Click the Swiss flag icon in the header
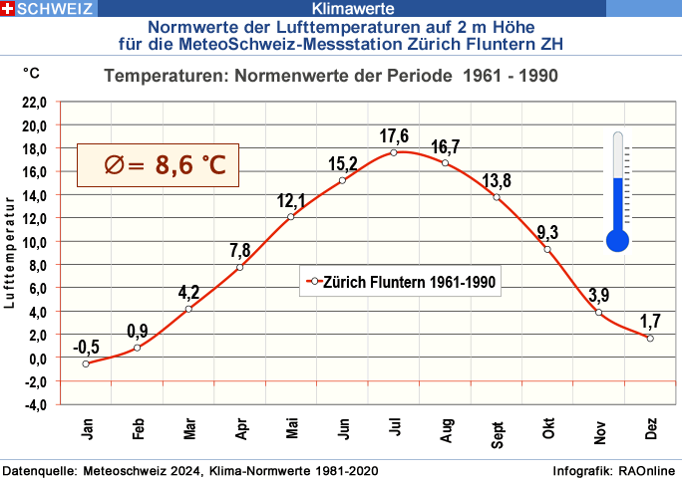tap(9, 9)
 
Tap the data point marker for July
tap(394, 152)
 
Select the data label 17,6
tap(394, 136)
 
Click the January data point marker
tap(86, 363)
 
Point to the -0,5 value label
tap(86, 348)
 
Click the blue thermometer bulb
tap(617, 239)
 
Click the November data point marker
tap(598, 313)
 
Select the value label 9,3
tap(547, 233)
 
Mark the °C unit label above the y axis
tap(32, 73)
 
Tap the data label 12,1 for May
tap(291, 200)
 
